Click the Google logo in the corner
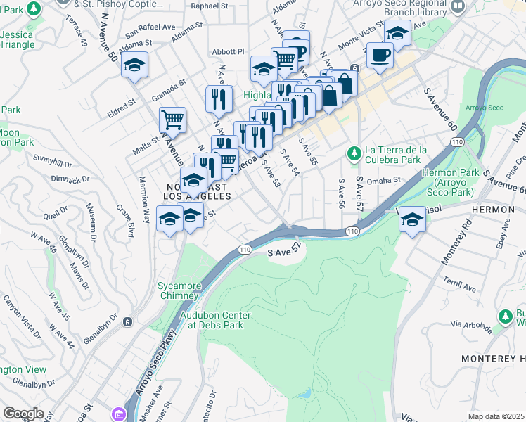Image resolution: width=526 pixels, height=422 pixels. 23,414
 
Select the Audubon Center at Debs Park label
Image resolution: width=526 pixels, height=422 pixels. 215,321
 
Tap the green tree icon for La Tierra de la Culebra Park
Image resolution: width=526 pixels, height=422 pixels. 354,152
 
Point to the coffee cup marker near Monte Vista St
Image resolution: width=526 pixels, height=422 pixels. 380,56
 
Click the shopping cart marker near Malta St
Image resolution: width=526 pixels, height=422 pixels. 172,120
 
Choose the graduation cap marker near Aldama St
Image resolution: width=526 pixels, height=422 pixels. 134,65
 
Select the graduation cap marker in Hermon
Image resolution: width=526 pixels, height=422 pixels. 411,220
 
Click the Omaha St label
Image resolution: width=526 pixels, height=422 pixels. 387,179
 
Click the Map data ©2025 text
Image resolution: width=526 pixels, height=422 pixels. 496,416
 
